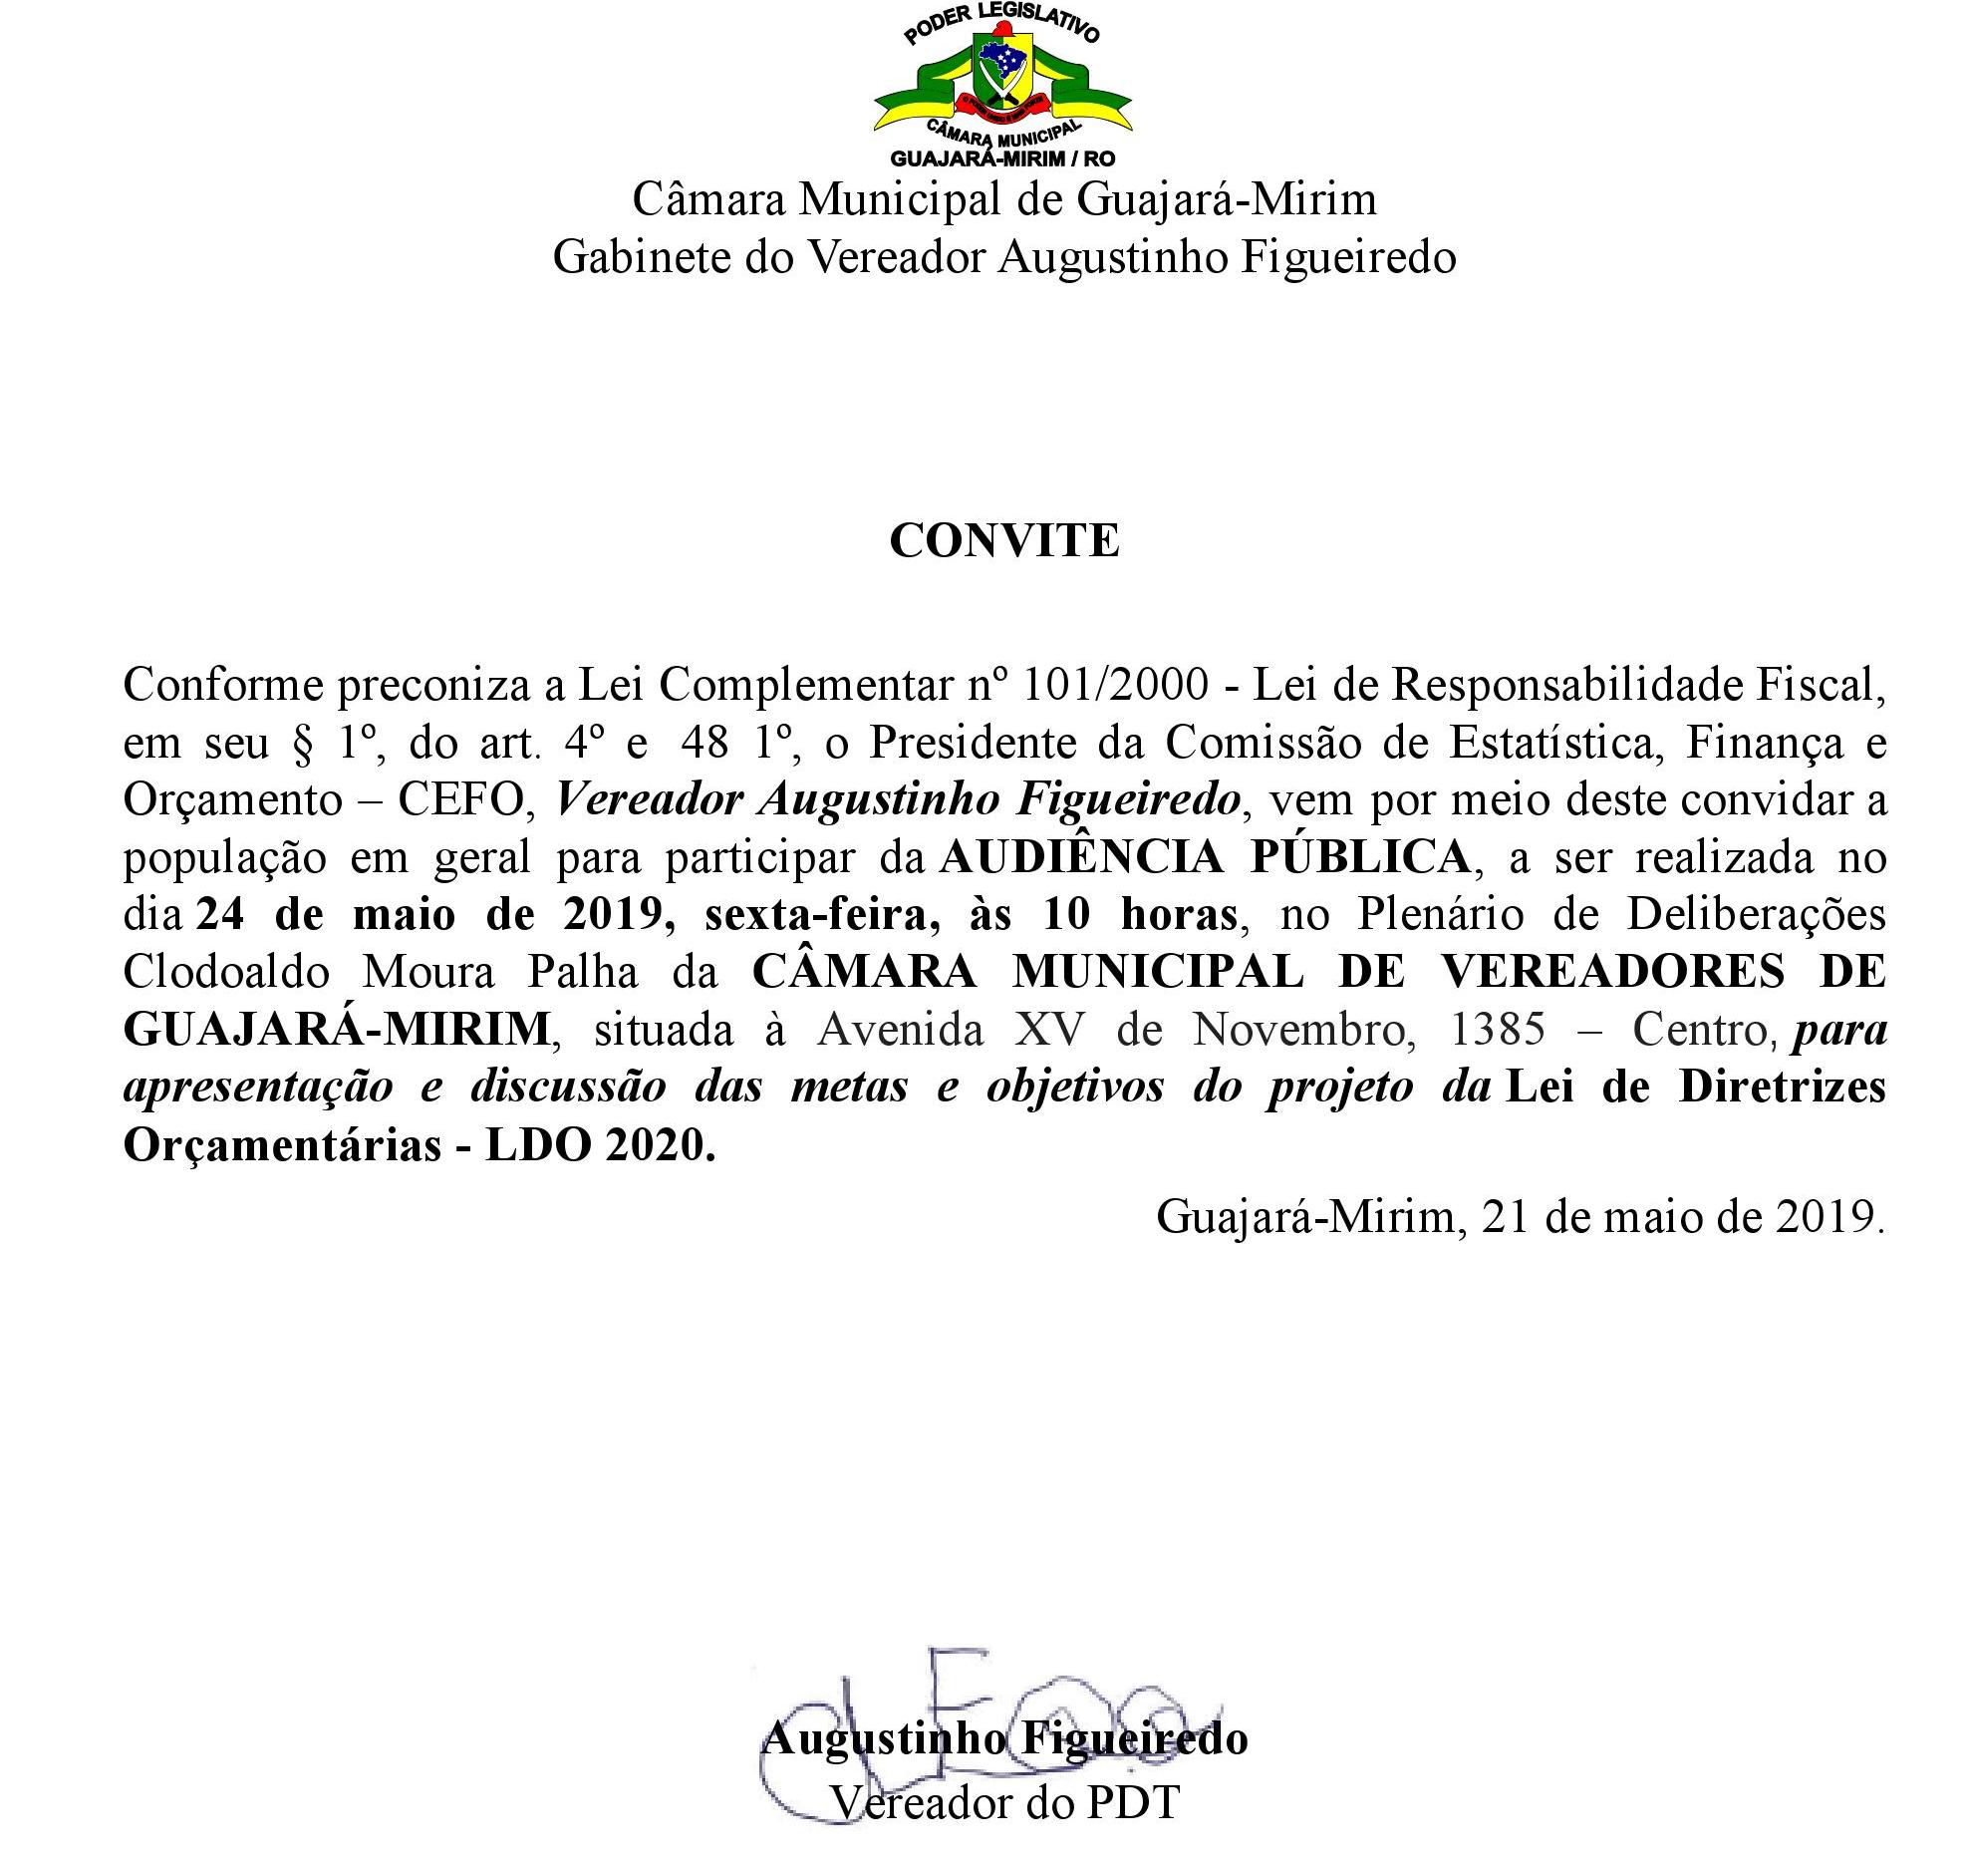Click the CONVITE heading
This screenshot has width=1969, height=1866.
1003,541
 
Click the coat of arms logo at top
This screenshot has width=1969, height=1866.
1003,86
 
